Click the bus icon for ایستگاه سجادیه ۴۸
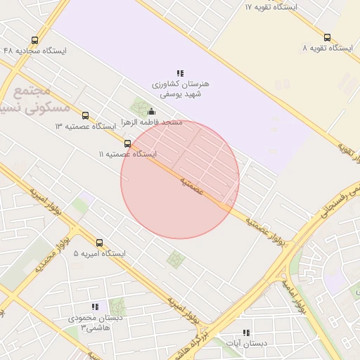pos(35,41)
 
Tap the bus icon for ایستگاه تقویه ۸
pos(327,37)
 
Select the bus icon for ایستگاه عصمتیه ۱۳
pos(85,115)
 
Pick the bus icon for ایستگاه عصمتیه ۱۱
pos(127,143)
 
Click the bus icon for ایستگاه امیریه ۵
pos(99,243)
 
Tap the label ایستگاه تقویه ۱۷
pos(271,6)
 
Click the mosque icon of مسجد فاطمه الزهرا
pos(151,111)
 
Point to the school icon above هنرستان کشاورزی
pos(180,73)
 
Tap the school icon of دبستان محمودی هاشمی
pos(95,307)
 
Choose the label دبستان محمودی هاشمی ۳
pos(95,322)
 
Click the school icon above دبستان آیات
pos(245,333)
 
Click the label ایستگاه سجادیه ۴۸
pos(35,51)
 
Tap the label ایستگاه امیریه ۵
pos(99,253)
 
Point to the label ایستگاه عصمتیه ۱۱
pos(127,153)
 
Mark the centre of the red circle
pos(180,179)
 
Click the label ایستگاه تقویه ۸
pos(327,48)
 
